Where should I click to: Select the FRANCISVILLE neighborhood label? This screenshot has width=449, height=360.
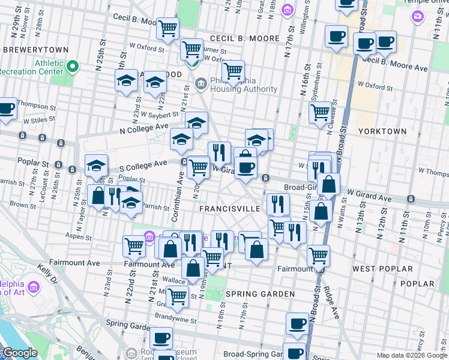(x=230, y=208)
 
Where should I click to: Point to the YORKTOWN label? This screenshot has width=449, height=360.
(x=382, y=131)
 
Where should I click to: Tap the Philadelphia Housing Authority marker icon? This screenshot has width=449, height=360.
(x=200, y=83)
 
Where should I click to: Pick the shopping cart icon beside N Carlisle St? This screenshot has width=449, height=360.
(x=321, y=112)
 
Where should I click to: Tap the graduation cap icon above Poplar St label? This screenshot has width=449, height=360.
(x=96, y=167)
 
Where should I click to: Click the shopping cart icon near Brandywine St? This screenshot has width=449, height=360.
(x=177, y=295)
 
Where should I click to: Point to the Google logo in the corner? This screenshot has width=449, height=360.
(x=19, y=353)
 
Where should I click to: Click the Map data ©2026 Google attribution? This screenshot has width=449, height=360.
(x=412, y=355)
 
